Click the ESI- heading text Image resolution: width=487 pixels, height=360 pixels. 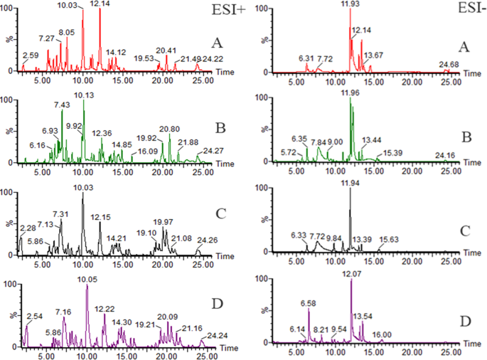[451, 10]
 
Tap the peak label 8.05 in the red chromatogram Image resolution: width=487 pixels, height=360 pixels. [67, 32]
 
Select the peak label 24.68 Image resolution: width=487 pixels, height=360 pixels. [448, 63]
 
